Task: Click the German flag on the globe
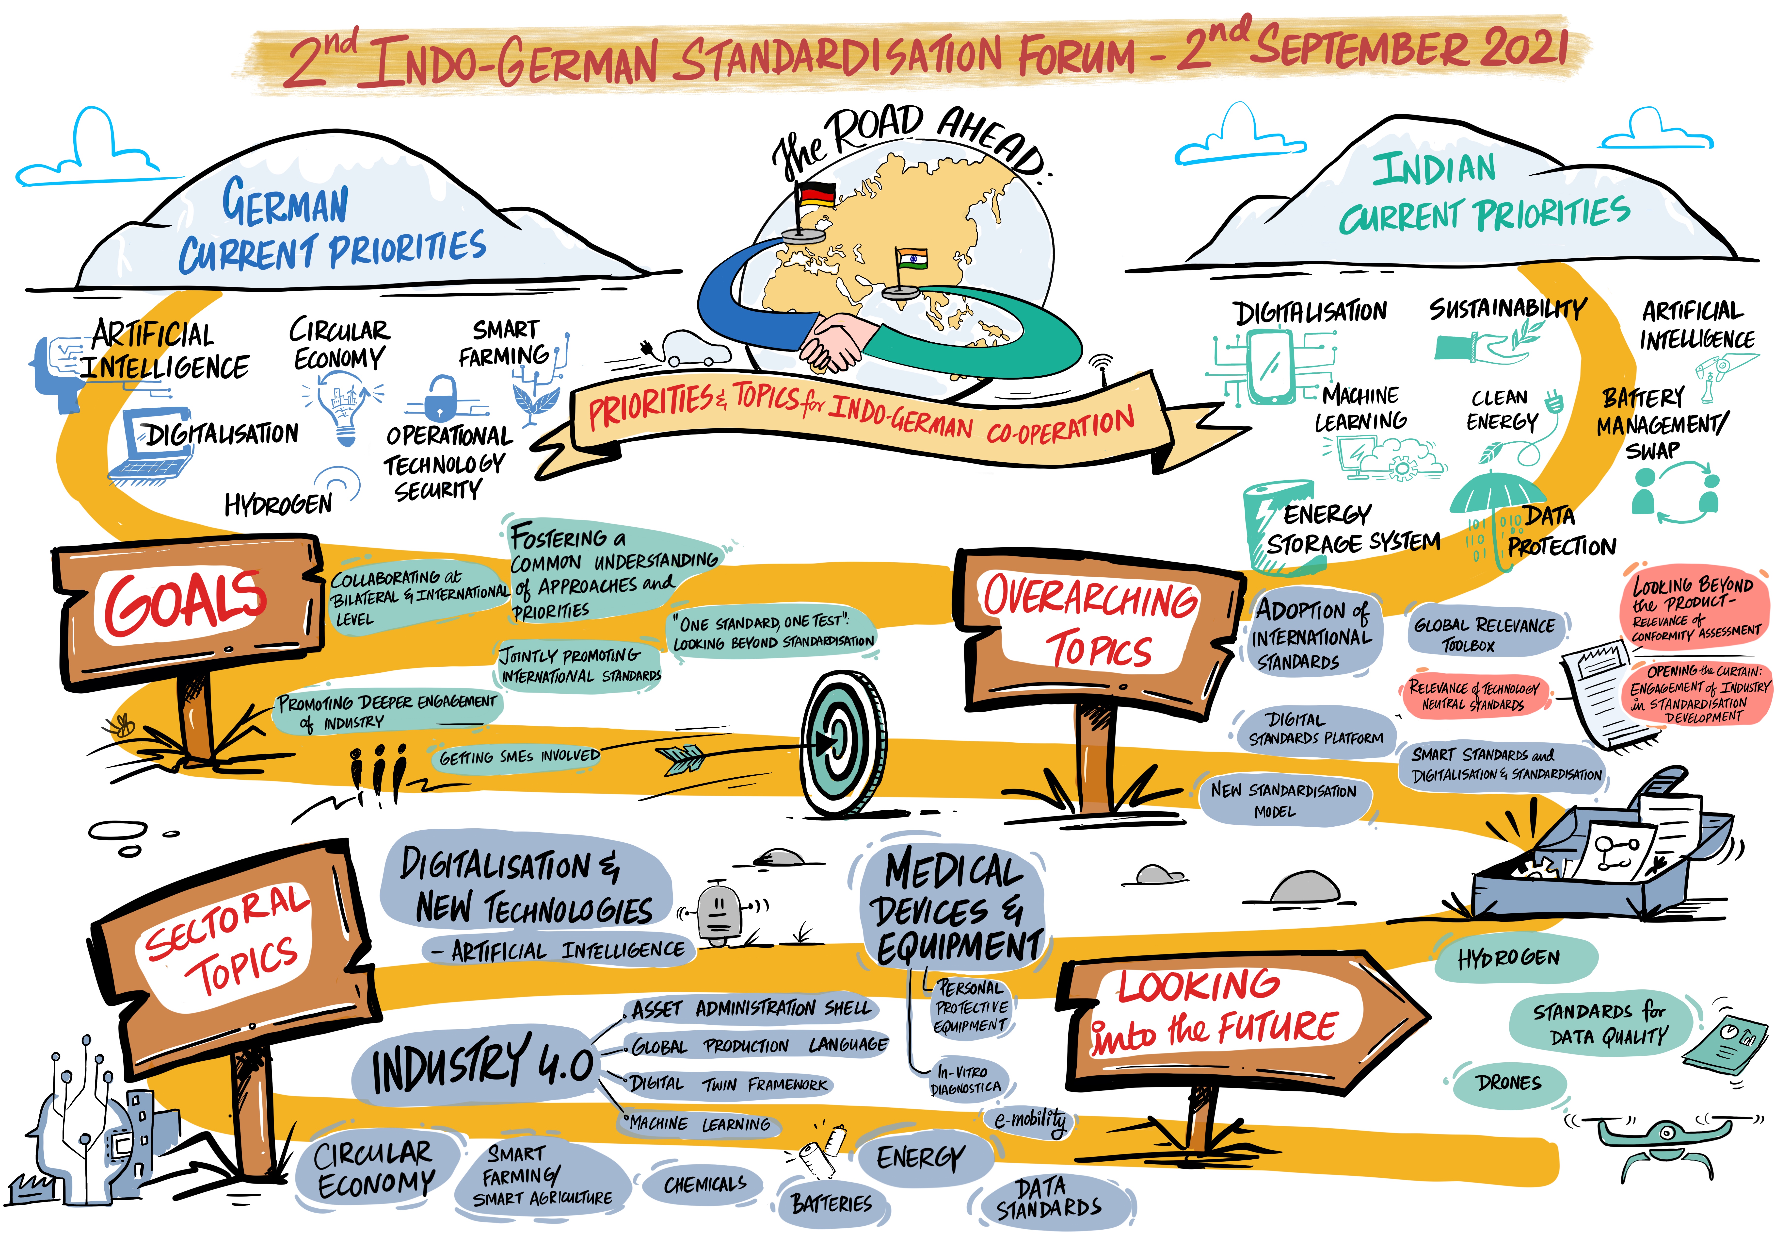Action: point(816,194)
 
